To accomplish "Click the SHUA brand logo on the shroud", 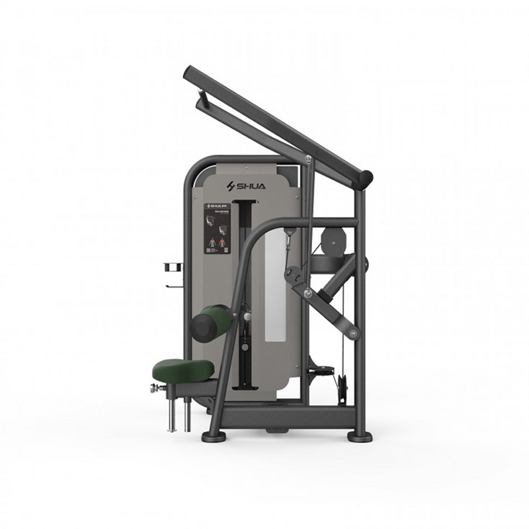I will (245, 186).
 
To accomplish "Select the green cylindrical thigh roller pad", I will (210, 323).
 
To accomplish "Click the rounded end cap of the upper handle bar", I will (365, 179).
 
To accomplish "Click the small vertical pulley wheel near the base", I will (342, 387).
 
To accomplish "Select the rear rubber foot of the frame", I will (360, 436).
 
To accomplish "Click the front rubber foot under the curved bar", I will (214, 436).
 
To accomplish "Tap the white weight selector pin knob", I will (247, 317).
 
